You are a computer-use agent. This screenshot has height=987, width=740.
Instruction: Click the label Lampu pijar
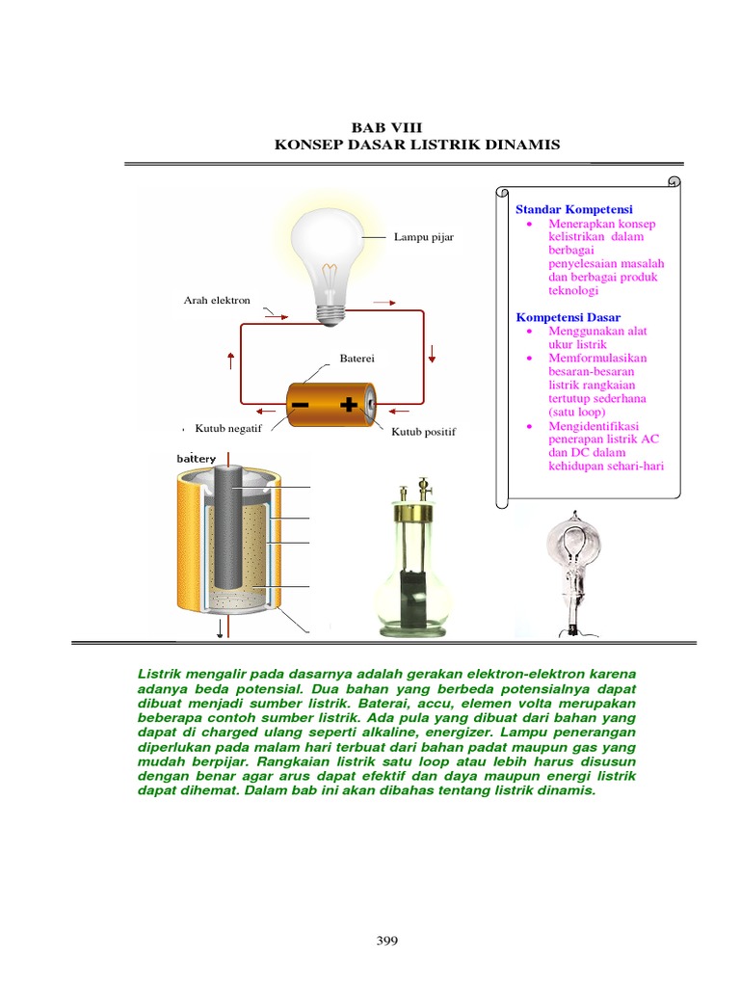click(423, 236)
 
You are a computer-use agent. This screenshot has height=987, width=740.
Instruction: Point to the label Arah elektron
click(217, 301)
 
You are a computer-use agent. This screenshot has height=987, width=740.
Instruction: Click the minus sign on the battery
click(301, 403)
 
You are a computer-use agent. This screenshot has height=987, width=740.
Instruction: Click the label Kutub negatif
click(228, 427)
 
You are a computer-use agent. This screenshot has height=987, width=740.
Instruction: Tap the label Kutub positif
click(423, 432)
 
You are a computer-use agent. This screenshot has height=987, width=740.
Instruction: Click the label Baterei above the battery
click(356, 359)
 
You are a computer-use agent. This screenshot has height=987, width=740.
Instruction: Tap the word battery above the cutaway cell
click(196, 459)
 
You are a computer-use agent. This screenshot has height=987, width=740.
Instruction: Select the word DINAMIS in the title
click(521, 145)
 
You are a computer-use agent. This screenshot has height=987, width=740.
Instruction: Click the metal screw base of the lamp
click(329, 311)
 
